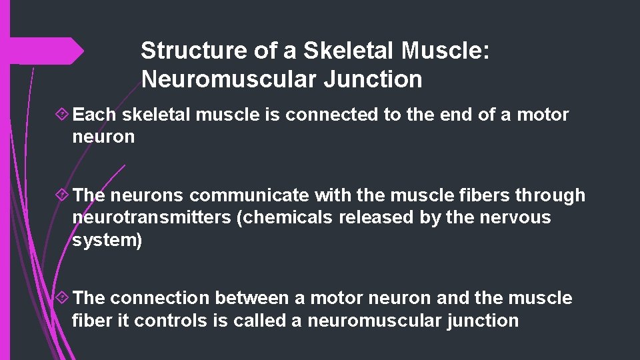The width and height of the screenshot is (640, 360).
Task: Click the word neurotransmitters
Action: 152,218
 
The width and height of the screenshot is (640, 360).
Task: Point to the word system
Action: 104,240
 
